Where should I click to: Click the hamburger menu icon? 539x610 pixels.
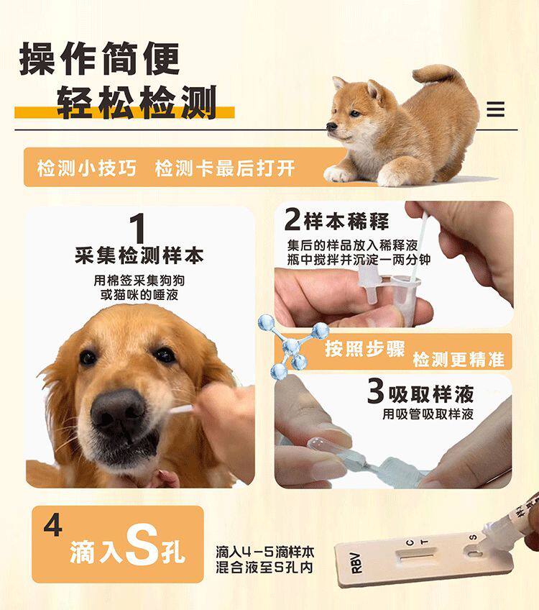495,109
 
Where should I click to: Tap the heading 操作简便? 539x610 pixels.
99,59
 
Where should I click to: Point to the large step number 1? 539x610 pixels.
139,229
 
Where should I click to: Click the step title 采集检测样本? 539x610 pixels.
139,255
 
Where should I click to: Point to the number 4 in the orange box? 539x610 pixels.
52,526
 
